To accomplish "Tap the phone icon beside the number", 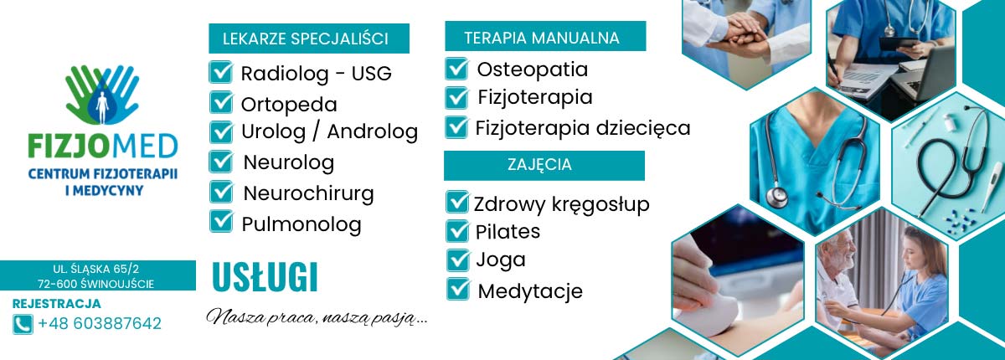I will click(23, 324).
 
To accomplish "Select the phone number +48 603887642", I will click(100, 324).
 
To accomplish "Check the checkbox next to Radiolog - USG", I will click(221, 72).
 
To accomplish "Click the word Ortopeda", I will click(289, 105).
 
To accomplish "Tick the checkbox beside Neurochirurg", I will click(221, 192).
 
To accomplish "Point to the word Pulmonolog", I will click(301, 224).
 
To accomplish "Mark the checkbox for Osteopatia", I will click(456, 69).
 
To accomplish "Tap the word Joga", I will click(501, 260).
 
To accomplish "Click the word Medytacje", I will click(530, 291).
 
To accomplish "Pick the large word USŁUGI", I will click(265, 278).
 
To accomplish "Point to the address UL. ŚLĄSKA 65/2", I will click(96, 269).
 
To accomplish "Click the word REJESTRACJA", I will click(56, 304).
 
